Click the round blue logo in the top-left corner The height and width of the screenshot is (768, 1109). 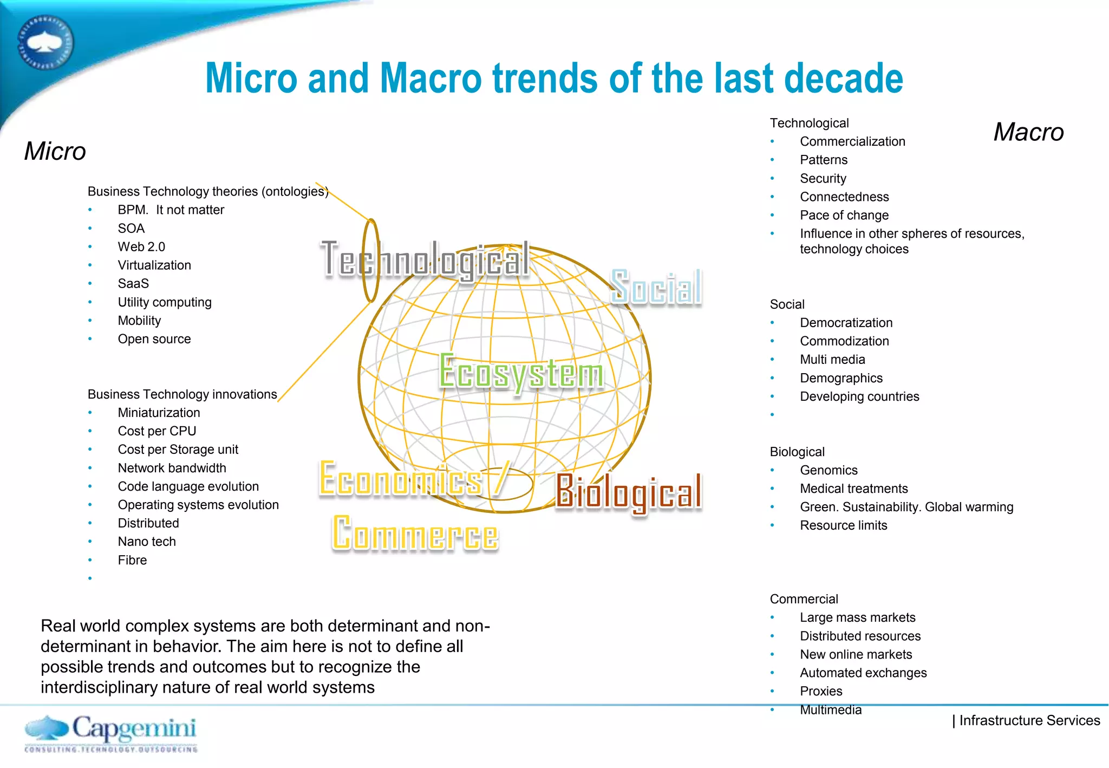point(45,43)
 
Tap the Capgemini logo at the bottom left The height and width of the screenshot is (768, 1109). point(111,733)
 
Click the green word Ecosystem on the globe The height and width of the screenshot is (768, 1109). point(521,373)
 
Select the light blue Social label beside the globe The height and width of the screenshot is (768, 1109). point(656,287)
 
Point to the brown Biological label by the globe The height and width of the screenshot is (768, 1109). point(628,492)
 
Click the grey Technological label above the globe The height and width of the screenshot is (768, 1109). point(425,260)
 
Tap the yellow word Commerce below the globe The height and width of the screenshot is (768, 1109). point(415,534)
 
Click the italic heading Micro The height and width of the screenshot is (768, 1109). point(55,151)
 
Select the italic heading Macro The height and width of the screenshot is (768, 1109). point(1028,132)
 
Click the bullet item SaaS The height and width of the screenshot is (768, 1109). point(133,284)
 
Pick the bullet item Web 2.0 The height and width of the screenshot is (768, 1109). point(141,247)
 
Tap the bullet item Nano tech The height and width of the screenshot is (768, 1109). point(147,542)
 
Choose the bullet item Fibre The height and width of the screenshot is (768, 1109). point(132,560)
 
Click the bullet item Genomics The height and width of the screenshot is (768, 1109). point(829,470)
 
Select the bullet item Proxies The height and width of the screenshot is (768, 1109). point(821,691)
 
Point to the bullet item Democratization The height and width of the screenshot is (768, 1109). point(846,323)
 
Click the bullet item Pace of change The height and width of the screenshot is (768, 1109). point(844,216)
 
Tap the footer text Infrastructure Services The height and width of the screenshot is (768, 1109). point(1029,720)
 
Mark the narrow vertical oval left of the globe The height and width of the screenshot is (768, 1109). point(371,261)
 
